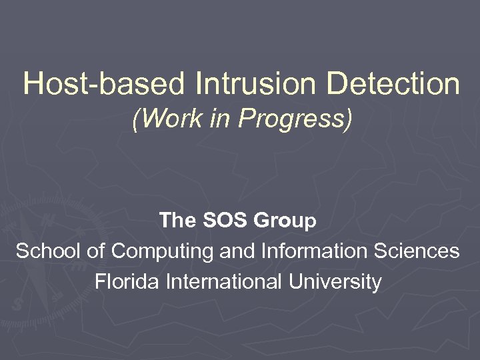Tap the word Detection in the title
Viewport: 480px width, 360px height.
tap(394, 85)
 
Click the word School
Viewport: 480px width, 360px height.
tap(45, 251)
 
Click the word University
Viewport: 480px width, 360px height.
tap(335, 282)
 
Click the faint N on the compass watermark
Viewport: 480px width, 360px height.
tap(49, 221)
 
